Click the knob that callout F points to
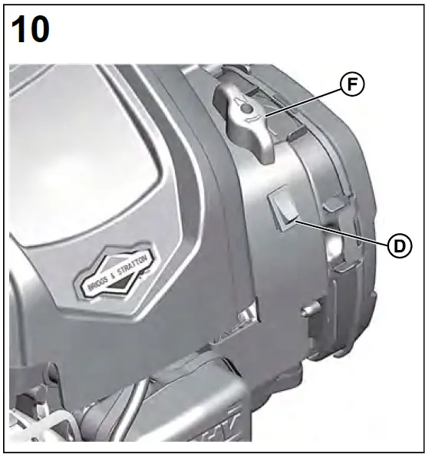tap(246, 119)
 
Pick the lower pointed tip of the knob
tap(267, 157)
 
